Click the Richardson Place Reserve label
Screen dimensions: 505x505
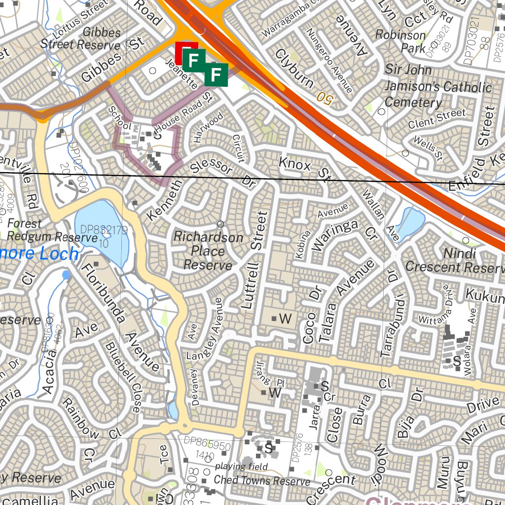[208, 252]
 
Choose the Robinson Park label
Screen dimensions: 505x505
[400, 41]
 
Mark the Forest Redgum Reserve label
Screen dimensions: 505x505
[51, 230]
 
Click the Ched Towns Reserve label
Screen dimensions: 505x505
[262, 480]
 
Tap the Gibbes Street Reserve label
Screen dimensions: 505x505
[80, 38]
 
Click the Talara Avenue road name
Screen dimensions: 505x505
[347, 301]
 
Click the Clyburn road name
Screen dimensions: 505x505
[294, 68]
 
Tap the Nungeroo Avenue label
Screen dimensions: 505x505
[329, 61]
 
